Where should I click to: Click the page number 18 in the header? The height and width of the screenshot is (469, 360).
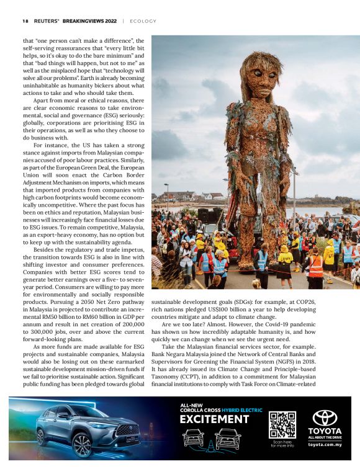(x=25, y=20)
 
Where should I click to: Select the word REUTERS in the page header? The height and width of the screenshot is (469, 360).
(x=46, y=20)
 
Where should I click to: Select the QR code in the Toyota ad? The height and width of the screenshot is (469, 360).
(x=282, y=425)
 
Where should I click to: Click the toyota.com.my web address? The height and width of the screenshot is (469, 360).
(x=325, y=445)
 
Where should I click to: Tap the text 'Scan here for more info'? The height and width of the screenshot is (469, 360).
(x=282, y=444)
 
